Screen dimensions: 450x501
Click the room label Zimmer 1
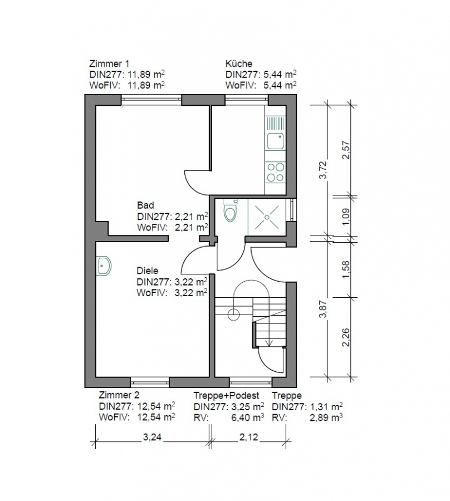(109, 63)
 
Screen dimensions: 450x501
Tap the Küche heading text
(239, 63)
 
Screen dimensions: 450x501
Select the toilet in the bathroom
(231, 210)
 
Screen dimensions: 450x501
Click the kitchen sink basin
(276, 141)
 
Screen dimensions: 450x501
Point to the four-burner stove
(275, 172)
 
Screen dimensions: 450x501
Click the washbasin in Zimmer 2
(104, 265)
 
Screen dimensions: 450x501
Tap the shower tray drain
(267, 217)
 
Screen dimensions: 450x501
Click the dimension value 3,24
(152, 437)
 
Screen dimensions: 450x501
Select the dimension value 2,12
(248, 437)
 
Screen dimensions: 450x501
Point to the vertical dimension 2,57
(346, 150)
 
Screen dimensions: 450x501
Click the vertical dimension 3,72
(324, 170)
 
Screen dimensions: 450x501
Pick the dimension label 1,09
(346, 217)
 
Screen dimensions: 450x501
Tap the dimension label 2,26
(346, 337)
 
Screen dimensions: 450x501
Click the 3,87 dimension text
(324, 309)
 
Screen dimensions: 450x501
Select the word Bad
(145, 205)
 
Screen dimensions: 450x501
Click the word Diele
(148, 271)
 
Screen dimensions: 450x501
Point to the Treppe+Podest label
(226, 396)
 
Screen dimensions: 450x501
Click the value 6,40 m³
(247, 417)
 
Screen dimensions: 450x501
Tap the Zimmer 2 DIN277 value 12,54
(149, 406)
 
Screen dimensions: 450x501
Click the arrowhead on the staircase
(269, 342)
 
